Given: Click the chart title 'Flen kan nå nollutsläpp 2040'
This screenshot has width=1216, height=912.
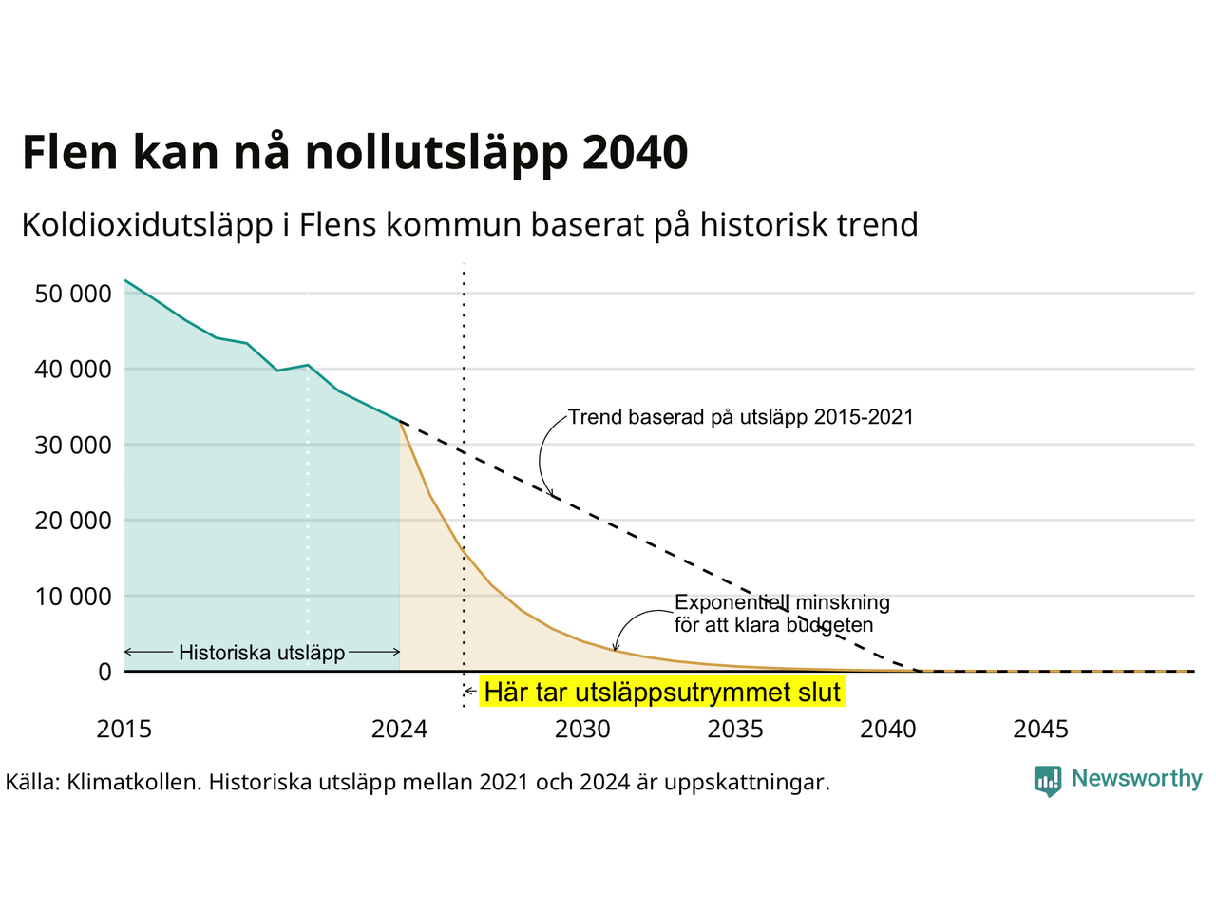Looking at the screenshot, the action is click(355, 153).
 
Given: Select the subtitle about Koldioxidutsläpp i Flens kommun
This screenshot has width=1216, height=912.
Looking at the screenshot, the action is click(470, 225).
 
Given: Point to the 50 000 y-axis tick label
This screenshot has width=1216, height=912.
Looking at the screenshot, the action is click(73, 294).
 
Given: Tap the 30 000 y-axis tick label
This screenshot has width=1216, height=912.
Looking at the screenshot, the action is click(73, 446).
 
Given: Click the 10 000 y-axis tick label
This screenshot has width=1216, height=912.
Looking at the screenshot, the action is click(73, 597).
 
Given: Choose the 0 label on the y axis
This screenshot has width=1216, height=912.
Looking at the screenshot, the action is click(105, 672).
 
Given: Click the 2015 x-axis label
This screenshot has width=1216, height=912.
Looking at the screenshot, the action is click(124, 730).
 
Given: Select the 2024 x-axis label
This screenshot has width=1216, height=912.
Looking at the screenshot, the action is click(399, 730).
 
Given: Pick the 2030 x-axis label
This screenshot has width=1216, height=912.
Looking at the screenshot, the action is click(582, 730).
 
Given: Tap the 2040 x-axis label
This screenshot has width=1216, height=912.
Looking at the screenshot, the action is click(888, 730).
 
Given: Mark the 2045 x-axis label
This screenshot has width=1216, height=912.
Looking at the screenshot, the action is click(1041, 730).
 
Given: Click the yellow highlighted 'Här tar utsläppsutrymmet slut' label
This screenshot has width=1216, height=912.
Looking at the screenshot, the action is click(662, 693).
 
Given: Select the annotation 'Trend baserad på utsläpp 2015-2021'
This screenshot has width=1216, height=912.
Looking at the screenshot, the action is click(741, 417).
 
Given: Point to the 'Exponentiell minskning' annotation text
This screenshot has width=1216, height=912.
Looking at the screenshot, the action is click(782, 602).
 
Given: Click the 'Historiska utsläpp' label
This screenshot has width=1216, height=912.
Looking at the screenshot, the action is click(262, 653).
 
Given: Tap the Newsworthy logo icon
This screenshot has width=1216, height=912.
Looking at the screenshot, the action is click(1048, 781).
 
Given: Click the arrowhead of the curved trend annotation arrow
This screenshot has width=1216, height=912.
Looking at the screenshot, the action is click(551, 493).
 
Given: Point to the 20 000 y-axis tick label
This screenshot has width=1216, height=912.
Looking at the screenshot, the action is click(73, 521).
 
